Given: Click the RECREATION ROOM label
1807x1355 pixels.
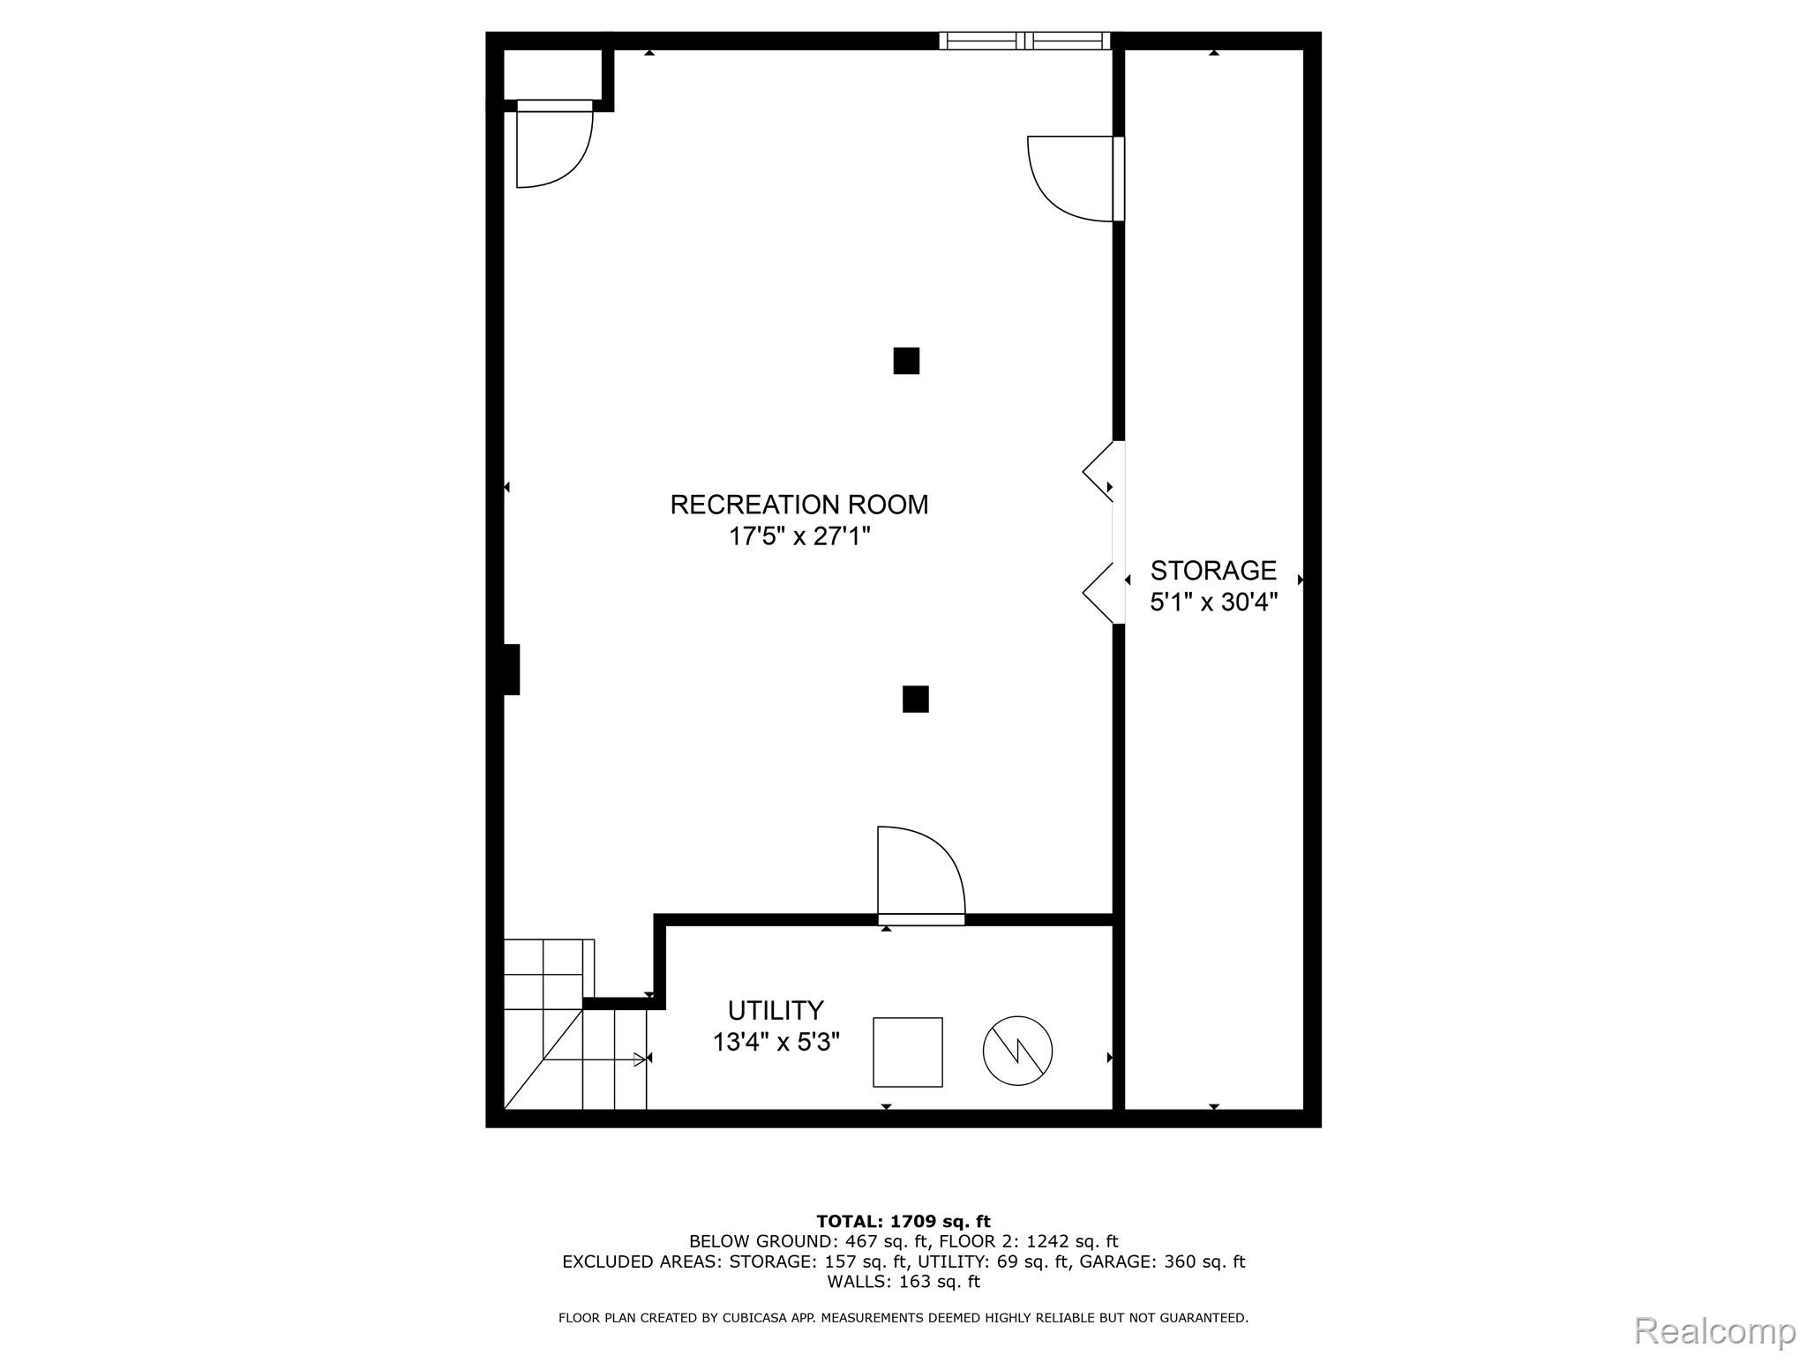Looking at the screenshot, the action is pyautogui.click(x=799, y=505).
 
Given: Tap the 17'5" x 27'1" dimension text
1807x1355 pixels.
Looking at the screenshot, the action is pyautogui.click(x=799, y=536).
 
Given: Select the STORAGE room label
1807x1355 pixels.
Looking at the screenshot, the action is pyautogui.click(x=1213, y=570).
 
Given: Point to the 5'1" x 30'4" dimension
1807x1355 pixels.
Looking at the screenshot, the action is pyautogui.click(x=1213, y=602).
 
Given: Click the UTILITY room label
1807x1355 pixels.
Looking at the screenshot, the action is pyautogui.click(x=776, y=1010).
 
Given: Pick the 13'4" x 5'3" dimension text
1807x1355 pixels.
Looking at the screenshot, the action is pyautogui.click(x=776, y=1042).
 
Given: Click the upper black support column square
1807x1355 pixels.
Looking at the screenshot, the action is pyautogui.click(x=906, y=361).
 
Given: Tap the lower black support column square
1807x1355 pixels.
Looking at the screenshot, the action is pyautogui.click(x=915, y=699).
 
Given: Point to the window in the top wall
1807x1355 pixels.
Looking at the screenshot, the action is pyautogui.click(x=1024, y=41).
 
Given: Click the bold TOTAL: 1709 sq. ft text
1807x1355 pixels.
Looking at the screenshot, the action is pyautogui.click(x=903, y=1222).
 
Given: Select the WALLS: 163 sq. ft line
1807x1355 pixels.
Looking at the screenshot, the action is pyautogui.click(x=903, y=1282).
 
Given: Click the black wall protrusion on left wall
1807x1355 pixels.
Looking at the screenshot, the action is pyautogui.click(x=511, y=670).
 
